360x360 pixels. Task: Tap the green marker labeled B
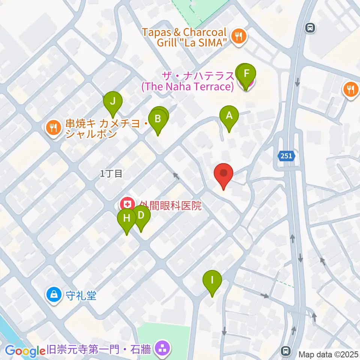coord(158,119)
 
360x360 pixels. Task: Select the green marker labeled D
coord(141,215)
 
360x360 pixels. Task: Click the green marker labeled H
coord(127,218)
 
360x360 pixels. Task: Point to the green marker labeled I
coord(212,280)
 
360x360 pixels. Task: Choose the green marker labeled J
coord(112,101)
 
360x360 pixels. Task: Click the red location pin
coord(223,174)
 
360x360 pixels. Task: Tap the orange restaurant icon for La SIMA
coord(238,37)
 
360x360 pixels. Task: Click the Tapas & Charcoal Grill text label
coord(184,37)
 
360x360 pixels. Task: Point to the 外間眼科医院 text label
coord(170,205)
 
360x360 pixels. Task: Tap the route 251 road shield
coord(286,156)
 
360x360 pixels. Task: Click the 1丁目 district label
coord(111,174)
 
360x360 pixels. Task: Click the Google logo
coord(25,351)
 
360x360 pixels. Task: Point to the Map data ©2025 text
coord(328,354)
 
